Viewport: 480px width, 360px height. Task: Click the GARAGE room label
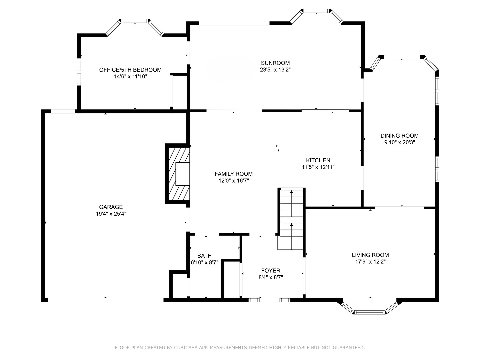click(111, 207)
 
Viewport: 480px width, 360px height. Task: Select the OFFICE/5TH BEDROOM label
click(130, 70)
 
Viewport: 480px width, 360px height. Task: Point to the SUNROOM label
click(275, 63)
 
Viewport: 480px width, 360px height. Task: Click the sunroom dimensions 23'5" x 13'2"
click(275, 70)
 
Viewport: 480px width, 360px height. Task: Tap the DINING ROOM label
click(399, 136)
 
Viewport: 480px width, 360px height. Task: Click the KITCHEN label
click(318, 160)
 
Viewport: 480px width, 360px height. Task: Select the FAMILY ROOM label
click(233, 174)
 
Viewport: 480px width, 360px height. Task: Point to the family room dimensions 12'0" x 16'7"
click(233, 181)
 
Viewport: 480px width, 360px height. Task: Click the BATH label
click(204, 256)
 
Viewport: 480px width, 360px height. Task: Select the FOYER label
click(271, 271)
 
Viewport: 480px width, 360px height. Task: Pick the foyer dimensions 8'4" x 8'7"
click(271, 277)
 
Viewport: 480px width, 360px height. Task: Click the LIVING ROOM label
click(370, 255)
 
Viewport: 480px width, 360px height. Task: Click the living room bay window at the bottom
click(370, 312)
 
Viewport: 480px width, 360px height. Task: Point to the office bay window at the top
click(135, 21)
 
